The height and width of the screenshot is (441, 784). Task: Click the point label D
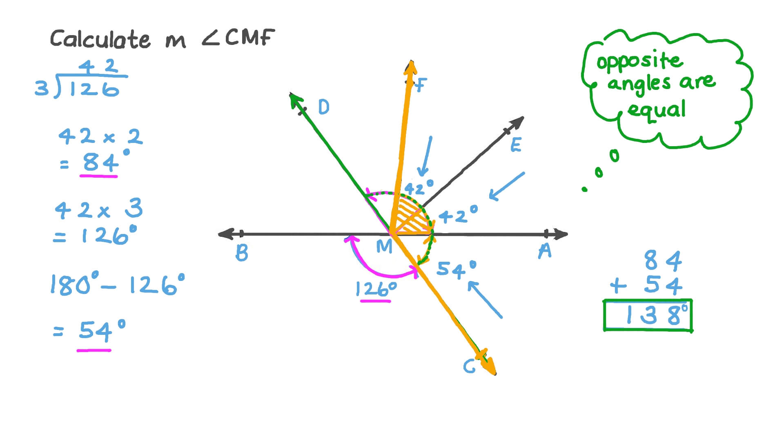323,107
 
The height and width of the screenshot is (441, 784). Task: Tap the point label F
420,85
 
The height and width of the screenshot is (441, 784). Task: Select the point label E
516,145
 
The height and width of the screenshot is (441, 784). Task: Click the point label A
545,251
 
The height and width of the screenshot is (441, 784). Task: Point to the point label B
242,253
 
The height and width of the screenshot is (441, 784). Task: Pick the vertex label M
384,246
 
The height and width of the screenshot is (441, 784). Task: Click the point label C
470,366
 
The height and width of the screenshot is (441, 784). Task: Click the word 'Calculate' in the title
100,39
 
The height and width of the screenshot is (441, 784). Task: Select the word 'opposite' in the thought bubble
639,61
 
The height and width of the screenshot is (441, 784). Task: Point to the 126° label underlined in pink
376,289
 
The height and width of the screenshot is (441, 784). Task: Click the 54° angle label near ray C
456,269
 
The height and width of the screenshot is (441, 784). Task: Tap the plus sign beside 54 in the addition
618,285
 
